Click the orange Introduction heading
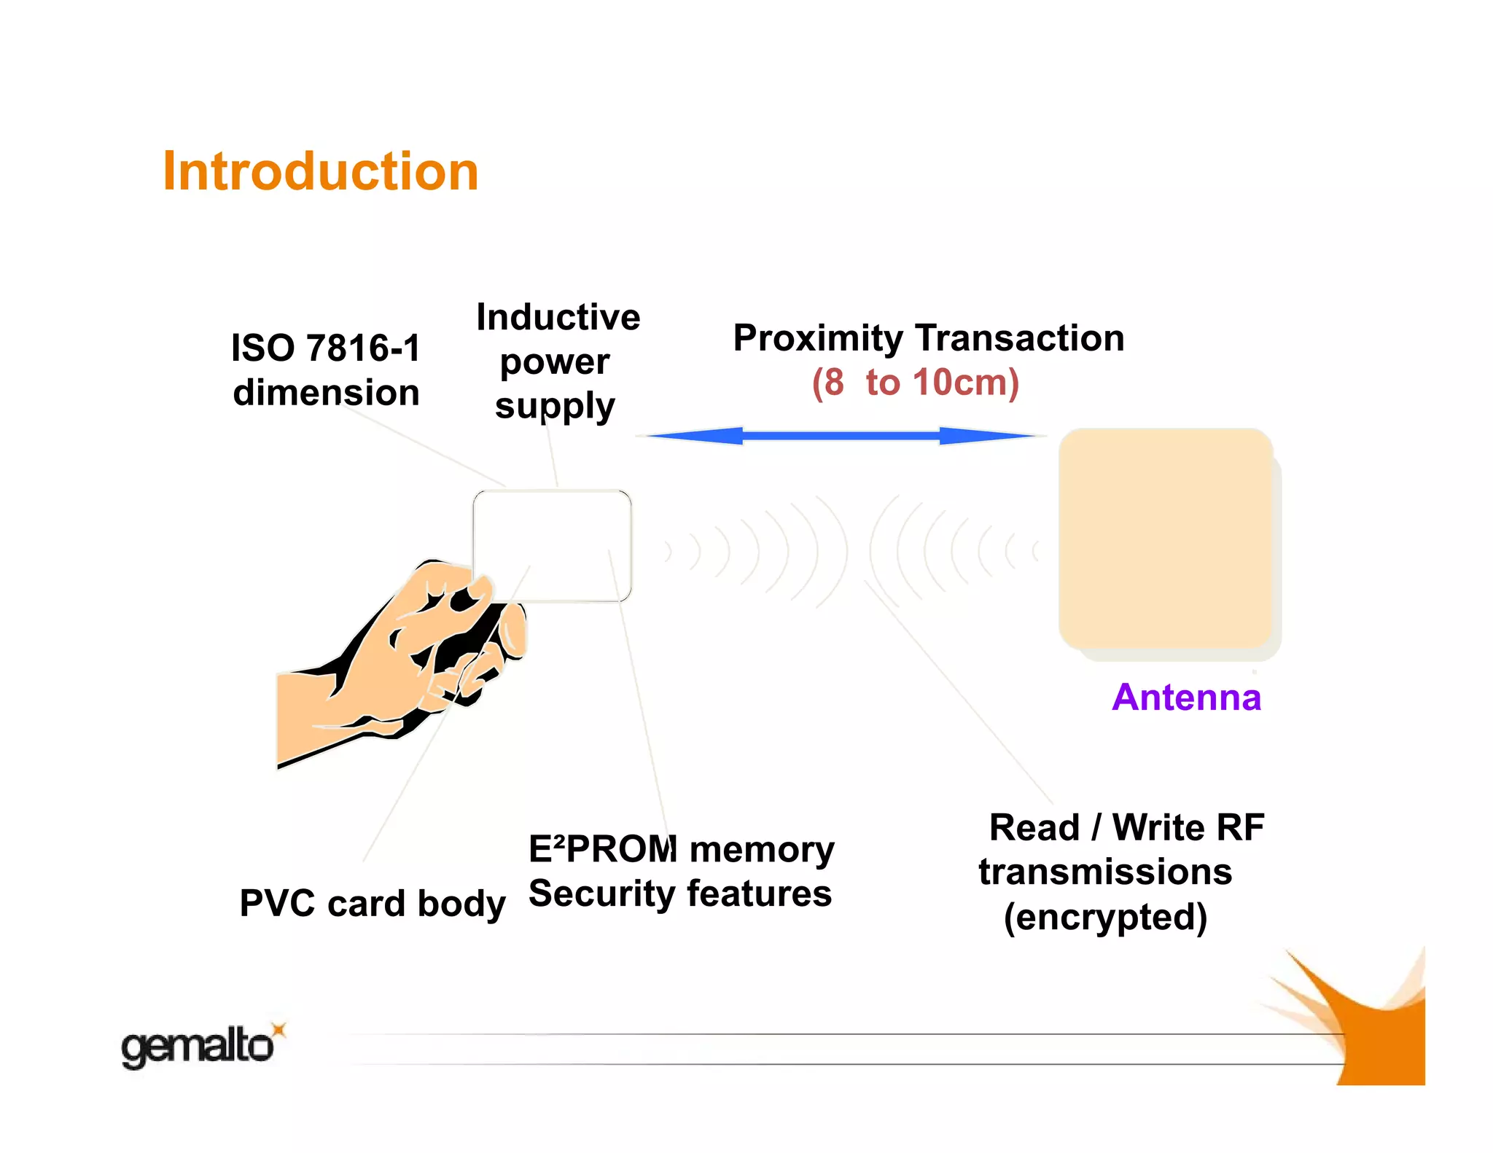click(x=320, y=172)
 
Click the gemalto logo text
click(x=197, y=1047)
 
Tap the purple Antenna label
click(x=1186, y=697)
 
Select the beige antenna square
click(x=1165, y=538)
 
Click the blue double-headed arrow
click(x=841, y=436)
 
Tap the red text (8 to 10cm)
click(x=916, y=383)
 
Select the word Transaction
click(x=1020, y=338)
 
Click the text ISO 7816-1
click(x=326, y=348)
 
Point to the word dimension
click(x=326, y=393)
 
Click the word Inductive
click(x=558, y=317)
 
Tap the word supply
click(x=555, y=407)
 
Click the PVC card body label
click(x=372, y=904)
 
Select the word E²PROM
click(x=602, y=849)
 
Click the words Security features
click(x=679, y=894)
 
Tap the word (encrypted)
click(x=1105, y=917)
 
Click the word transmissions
click(x=1105, y=872)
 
